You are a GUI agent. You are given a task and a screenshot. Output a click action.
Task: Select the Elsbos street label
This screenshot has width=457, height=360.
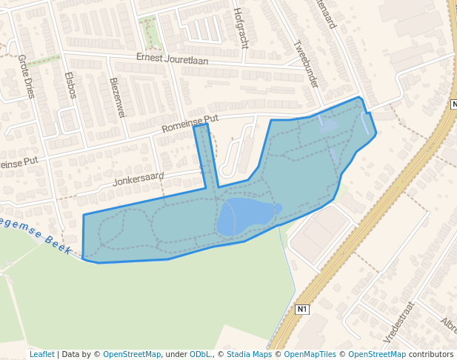(71, 85)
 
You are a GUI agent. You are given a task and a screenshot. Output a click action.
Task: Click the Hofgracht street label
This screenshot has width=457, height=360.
(239, 27)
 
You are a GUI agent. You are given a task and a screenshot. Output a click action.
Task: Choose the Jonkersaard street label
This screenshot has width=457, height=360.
(139, 179)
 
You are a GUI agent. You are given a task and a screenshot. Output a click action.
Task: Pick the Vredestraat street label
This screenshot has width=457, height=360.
(398, 321)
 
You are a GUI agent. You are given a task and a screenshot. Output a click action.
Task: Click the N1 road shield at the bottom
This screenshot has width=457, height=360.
(301, 309)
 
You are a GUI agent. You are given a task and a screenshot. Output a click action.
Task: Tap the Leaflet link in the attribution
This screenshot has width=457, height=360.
(41, 355)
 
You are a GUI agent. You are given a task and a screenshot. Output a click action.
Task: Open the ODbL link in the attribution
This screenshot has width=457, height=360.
(199, 355)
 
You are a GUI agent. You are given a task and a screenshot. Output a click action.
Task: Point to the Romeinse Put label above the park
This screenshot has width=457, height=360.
(190, 123)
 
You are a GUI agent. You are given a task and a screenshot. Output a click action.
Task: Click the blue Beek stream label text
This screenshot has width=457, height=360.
(57, 241)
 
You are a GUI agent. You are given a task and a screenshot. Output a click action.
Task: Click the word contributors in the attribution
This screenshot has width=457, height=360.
(431, 355)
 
